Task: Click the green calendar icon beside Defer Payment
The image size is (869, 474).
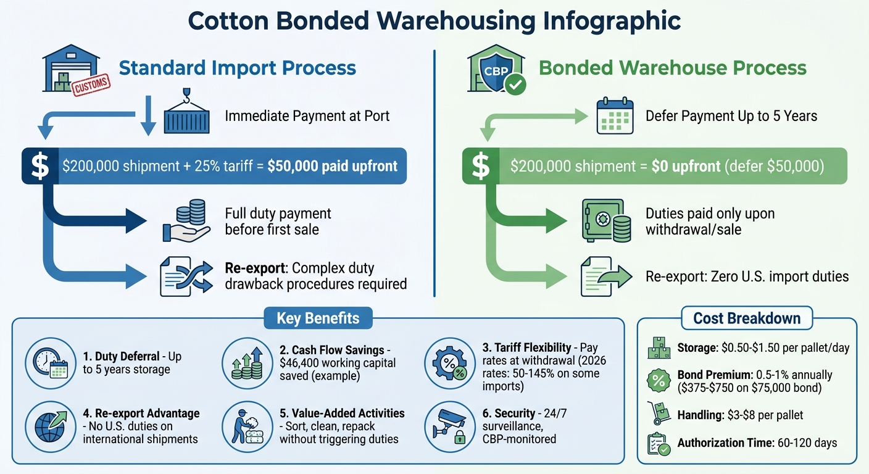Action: (614, 117)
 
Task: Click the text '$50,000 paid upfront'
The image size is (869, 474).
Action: (332, 167)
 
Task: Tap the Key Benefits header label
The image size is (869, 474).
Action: (318, 318)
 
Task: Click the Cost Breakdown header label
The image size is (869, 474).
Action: (747, 318)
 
